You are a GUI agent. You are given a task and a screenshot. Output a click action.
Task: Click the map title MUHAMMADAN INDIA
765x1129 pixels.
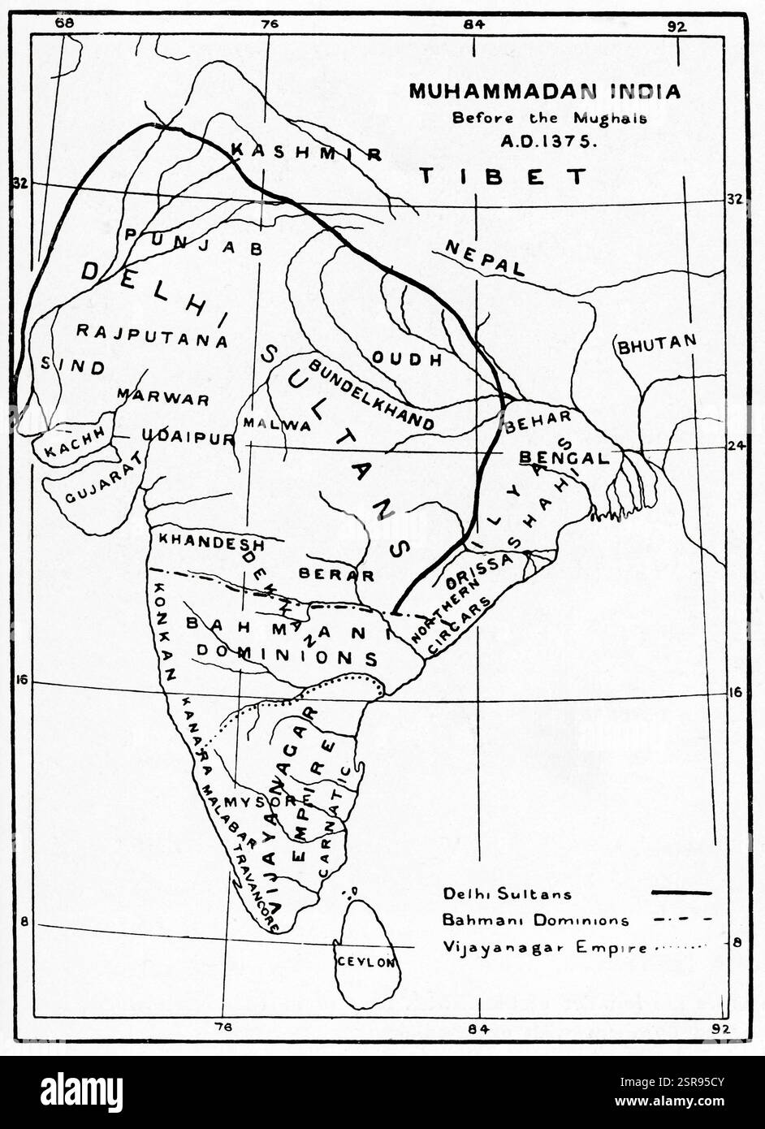coord(544,91)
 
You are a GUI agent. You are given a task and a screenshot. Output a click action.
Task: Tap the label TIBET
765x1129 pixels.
coord(504,176)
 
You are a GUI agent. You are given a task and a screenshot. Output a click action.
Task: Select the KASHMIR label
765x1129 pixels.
coord(306,152)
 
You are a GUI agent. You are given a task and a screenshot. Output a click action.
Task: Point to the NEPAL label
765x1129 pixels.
coord(485,257)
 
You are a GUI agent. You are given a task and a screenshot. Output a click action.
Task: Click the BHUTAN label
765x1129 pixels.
coord(657,344)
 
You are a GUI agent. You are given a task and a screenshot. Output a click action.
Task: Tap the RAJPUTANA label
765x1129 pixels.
coord(152,335)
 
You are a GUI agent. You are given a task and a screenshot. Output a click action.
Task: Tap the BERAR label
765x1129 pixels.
coord(336,574)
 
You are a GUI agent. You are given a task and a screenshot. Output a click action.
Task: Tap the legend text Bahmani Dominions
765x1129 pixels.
coord(536,920)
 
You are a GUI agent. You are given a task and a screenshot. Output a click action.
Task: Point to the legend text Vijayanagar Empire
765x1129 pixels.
coord(544,946)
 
